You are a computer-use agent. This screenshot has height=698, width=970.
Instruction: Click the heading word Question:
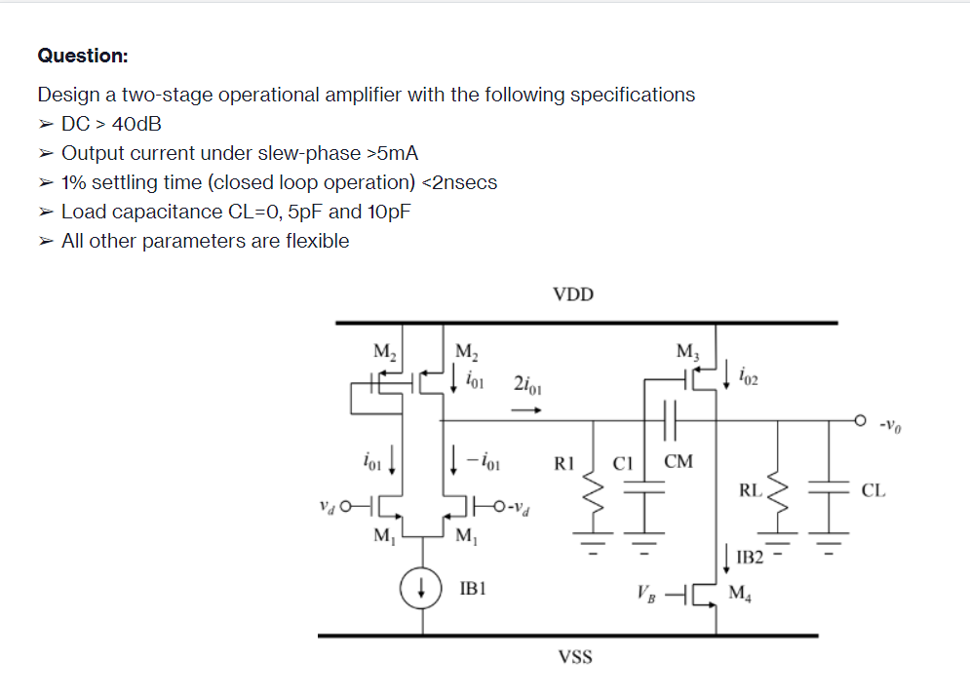tap(83, 56)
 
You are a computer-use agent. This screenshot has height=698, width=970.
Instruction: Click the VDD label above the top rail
tap(572, 294)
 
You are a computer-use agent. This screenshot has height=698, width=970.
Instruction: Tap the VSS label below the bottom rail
tap(575, 657)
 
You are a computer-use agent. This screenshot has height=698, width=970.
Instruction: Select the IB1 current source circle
tap(422, 590)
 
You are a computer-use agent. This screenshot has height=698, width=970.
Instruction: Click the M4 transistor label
tap(743, 593)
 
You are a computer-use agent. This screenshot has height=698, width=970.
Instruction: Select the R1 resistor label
tap(564, 462)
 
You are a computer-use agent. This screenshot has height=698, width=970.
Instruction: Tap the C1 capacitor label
tap(624, 462)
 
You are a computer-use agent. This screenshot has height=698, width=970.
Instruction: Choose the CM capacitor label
tap(678, 461)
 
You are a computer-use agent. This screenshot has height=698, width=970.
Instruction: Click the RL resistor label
tap(749, 490)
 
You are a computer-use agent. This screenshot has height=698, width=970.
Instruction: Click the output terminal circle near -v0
tap(859, 421)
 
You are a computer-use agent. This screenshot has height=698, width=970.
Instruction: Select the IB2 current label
tap(751, 558)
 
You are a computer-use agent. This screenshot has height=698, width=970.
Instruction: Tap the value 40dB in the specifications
tap(137, 124)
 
